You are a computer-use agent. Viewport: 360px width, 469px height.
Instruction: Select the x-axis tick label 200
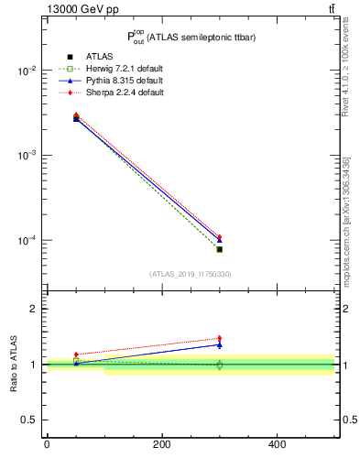pos(162,444)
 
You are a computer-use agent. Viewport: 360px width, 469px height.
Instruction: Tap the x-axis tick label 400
pos(277,444)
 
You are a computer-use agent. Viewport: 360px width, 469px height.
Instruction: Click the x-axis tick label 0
pos(47,444)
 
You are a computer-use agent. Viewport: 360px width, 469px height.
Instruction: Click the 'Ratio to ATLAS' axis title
pos(14,365)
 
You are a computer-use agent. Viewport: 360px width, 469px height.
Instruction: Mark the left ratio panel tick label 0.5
pos(29,420)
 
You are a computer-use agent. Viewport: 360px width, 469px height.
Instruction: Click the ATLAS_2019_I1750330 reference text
pos(190,274)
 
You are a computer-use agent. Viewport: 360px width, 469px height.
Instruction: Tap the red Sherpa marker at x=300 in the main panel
pos(219,237)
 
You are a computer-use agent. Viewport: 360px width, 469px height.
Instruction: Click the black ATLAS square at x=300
pos(219,249)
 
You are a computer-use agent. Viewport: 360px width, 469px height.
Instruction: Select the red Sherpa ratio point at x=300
pos(219,338)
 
